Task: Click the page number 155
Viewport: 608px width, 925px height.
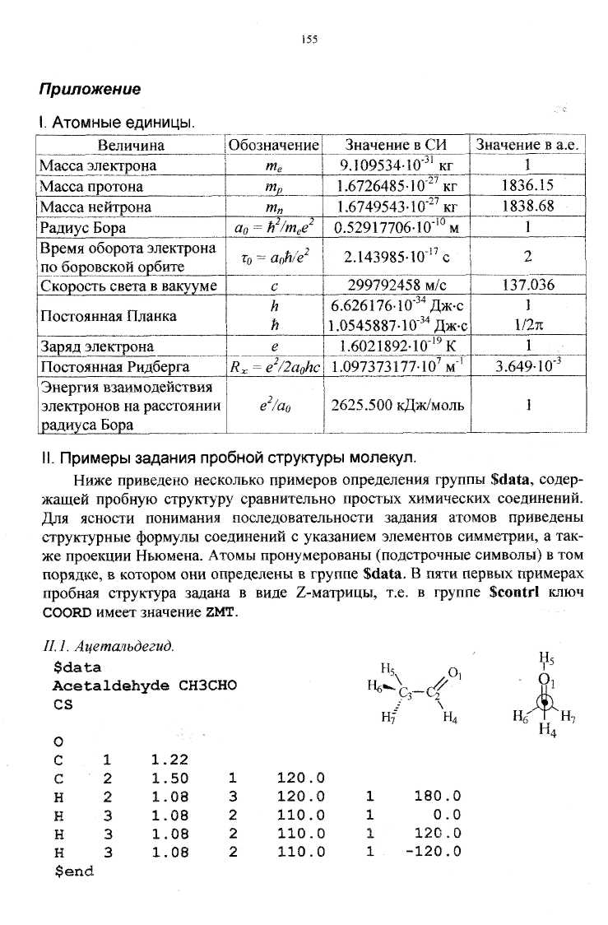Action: (309, 39)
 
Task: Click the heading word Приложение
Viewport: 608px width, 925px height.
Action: (91, 89)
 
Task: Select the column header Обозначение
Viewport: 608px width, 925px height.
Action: (274, 146)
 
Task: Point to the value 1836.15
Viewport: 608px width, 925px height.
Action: (527, 186)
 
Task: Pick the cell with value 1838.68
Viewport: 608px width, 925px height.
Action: (527, 206)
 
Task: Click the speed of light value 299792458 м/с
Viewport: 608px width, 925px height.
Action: (396, 286)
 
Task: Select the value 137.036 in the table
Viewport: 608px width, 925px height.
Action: (527, 286)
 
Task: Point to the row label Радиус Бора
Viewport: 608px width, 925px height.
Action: (83, 226)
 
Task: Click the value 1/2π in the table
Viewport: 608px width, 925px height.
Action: (527, 326)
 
